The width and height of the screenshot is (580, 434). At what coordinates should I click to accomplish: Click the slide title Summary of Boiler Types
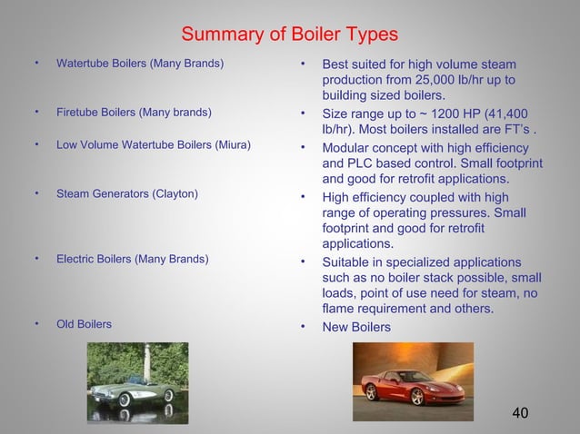pos(289,35)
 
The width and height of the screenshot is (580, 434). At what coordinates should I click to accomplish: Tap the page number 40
pos(520,414)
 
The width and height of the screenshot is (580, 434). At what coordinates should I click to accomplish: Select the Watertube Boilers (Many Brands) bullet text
pos(140,64)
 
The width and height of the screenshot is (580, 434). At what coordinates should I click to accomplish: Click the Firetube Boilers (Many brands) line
pos(134,113)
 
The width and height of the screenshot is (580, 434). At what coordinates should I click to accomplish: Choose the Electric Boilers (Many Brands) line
pos(132,260)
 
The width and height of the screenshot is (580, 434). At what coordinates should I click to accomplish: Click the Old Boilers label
pos(85,324)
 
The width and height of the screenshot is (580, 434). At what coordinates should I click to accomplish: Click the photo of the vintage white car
pos(138,382)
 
